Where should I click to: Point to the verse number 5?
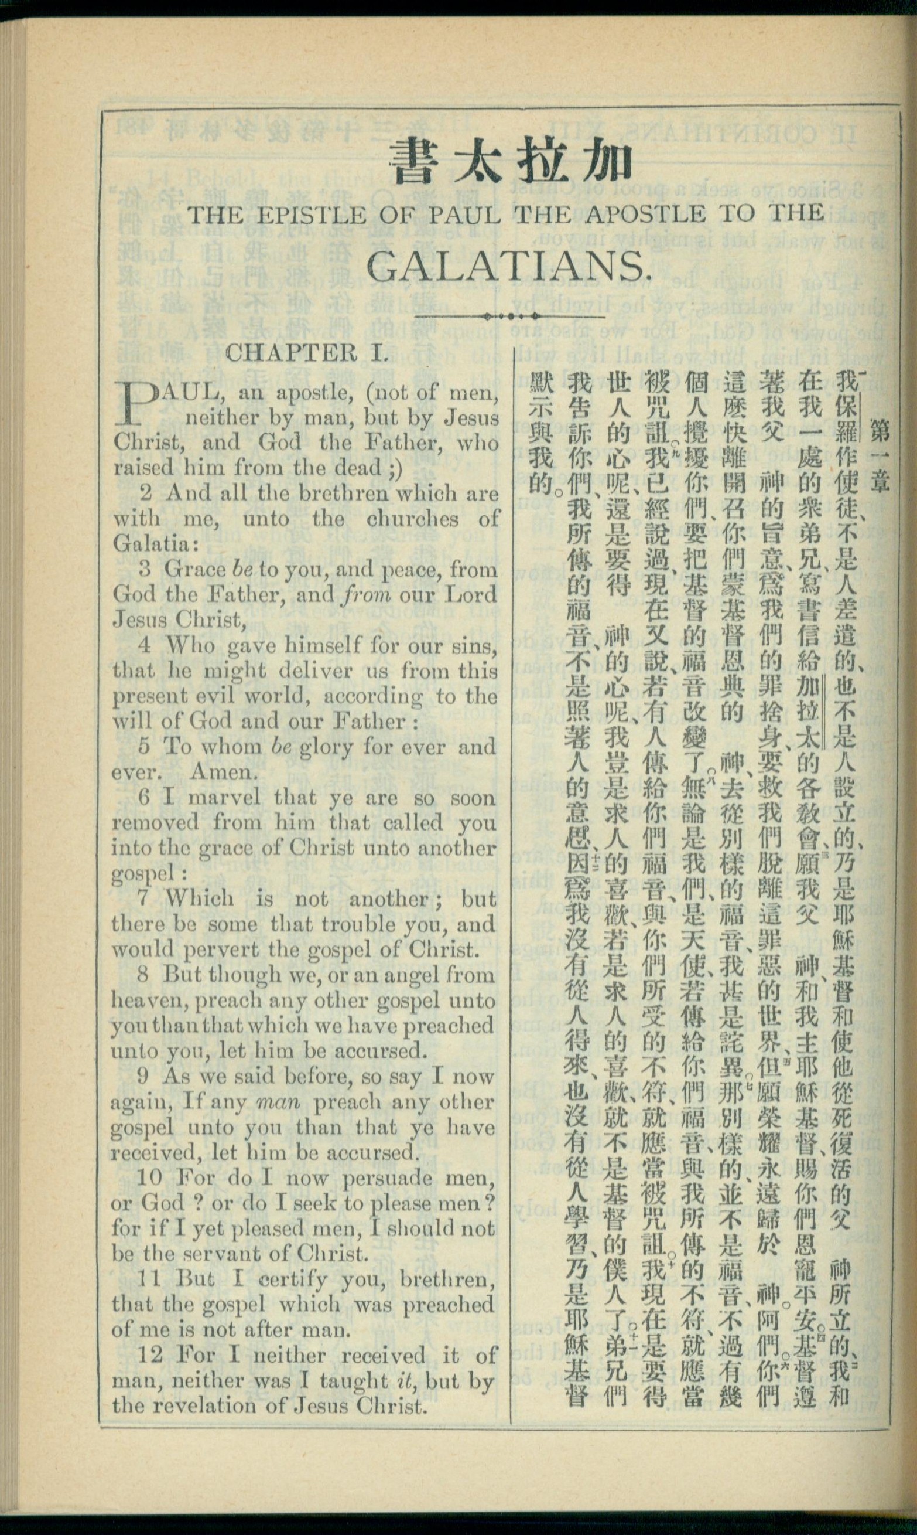(144, 747)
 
